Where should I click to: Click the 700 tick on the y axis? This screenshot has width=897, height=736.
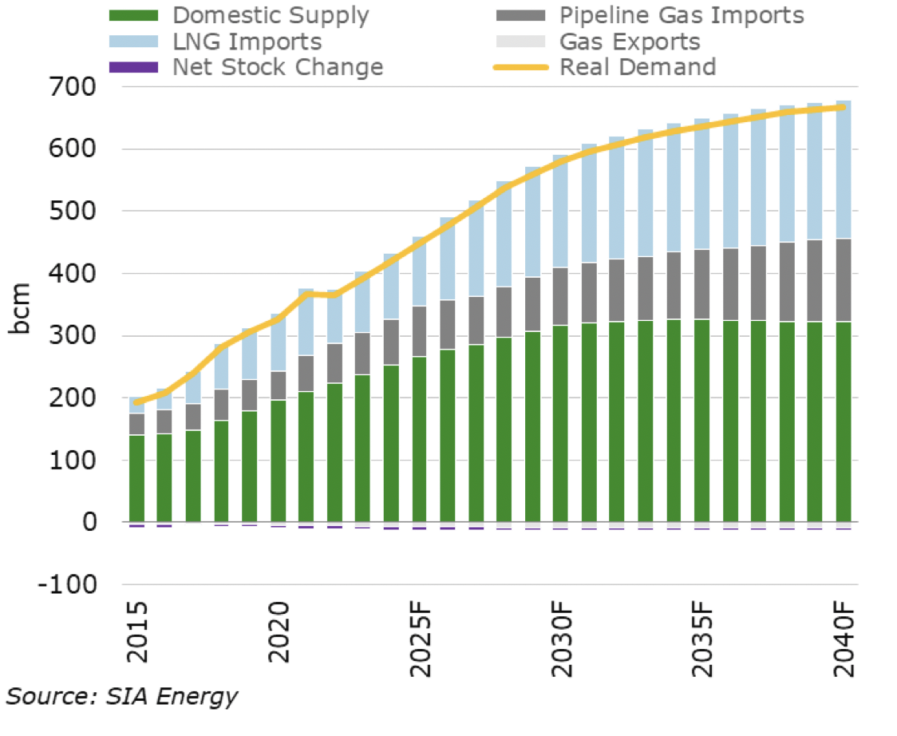point(75,87)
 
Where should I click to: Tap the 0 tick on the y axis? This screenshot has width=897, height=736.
point(88,523)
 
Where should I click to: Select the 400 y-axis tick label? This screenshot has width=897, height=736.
point(75,274)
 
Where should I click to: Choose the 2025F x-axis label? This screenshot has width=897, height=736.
point(420,639)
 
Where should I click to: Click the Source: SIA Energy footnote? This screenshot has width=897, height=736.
point(122,696)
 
